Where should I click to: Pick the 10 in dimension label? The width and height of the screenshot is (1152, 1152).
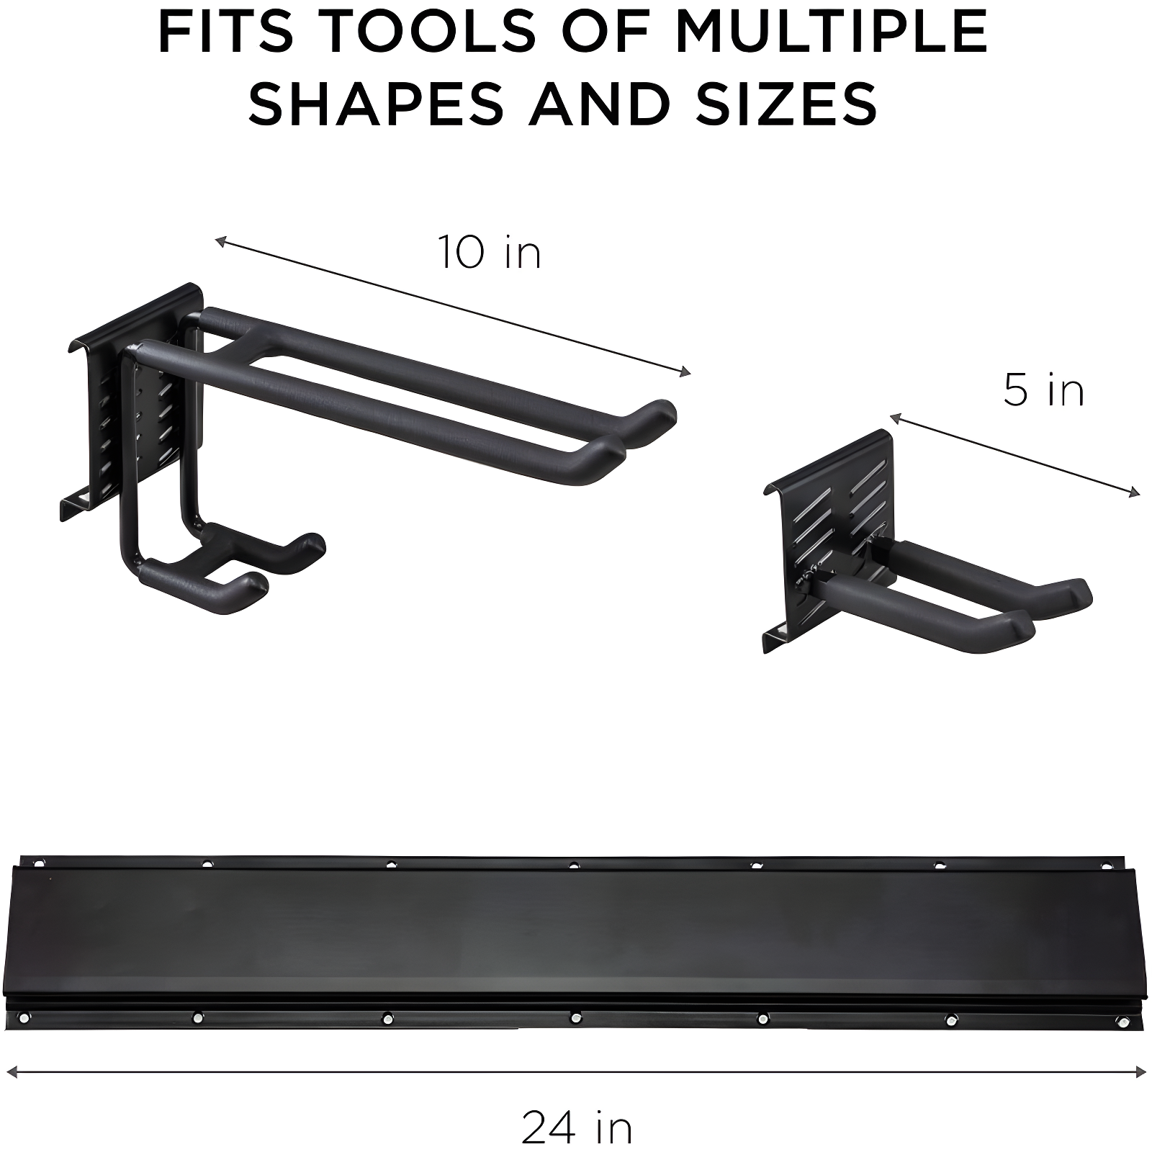(490, 253)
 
